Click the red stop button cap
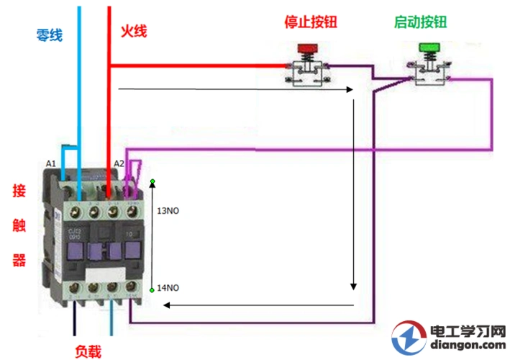point(308,50)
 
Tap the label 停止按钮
point(309,22)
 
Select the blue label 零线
point(49,34)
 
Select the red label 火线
point(133,32)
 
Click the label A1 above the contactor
point(51,164)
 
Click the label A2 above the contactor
point(119,164)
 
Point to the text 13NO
point(168,211)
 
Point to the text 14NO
point(168,288)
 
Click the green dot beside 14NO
point(152,289)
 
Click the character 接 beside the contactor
point(19,192)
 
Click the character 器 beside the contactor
point(19,259)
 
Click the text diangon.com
point(467,346)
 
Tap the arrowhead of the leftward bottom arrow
point(165,305)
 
